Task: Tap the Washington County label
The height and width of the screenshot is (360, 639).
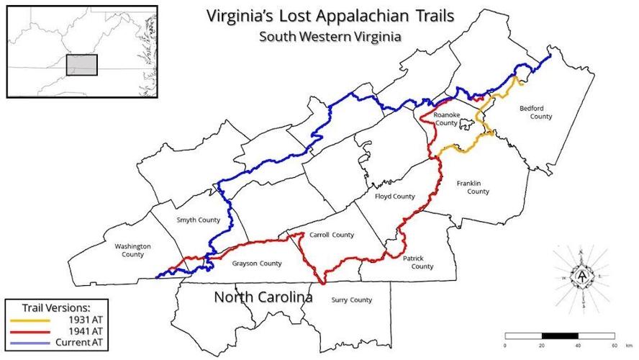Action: click(133, 250)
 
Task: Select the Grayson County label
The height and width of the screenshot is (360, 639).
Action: click(257, 263)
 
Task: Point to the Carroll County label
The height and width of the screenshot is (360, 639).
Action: click(331, 235)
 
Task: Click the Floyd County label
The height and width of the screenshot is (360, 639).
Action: click(395, 196)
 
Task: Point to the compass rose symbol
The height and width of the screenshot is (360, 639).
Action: click(581, 277)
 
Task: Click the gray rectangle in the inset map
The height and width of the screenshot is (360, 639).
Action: click(81, 65)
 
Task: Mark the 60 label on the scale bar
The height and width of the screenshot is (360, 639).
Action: click(613, 346)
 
